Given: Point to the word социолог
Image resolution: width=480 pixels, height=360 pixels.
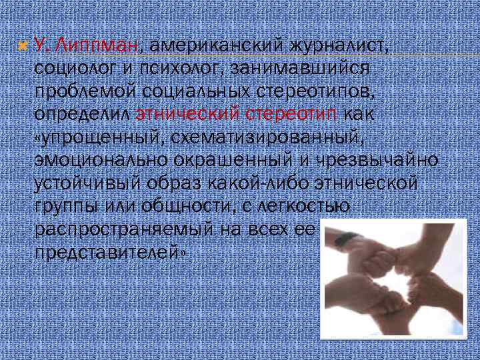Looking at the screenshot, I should click(x=73, y=67).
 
